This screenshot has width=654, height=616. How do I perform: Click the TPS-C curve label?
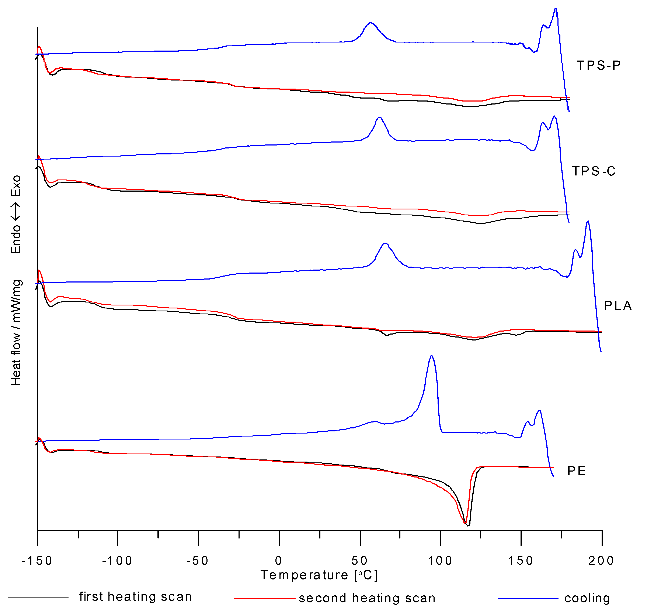point(594,171)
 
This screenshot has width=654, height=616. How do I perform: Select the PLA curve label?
point(618,306)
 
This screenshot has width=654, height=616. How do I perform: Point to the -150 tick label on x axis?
point(37,561)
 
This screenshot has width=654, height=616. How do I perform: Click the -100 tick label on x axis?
point(117,561)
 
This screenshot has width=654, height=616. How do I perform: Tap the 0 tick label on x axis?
point(279,561)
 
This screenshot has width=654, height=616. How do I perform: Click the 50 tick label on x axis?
point(359,561)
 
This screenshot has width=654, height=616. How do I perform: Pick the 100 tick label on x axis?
point(440,561)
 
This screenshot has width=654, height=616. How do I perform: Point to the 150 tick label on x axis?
point(521,561)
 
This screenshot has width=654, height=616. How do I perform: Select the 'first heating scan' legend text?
point(135,597)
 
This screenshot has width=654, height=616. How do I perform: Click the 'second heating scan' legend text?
point(367,598)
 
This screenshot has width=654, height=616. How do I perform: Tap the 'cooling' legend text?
point(587,598)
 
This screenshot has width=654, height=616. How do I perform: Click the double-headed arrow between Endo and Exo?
point(16,211)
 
